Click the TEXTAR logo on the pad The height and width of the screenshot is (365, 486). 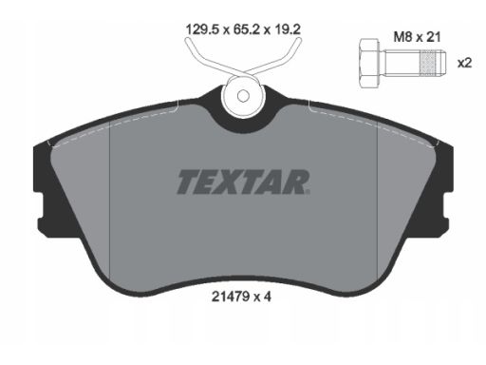pos(242,181)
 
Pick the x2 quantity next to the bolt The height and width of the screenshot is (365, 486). pos(465,63)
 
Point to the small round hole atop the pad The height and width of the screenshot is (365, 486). pos(243,95)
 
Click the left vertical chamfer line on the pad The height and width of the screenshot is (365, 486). pos(111,200)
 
